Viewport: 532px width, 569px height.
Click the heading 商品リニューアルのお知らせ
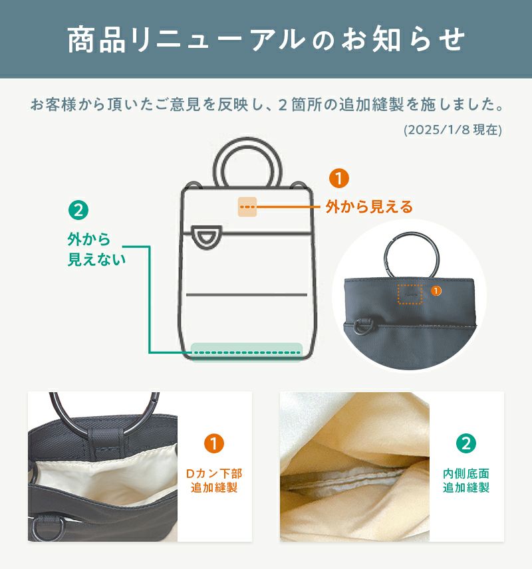266,39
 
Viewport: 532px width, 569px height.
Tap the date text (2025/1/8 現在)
453,130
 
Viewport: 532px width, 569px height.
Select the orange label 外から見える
369,207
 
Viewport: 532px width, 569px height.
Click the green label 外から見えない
96,249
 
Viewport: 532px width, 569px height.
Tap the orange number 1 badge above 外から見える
338,178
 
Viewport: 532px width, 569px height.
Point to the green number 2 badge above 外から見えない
78,210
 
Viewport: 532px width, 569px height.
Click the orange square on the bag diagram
247,207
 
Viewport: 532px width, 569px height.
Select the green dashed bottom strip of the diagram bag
247,352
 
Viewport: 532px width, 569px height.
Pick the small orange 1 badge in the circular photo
436,290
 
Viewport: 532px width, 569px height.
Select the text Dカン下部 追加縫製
214,481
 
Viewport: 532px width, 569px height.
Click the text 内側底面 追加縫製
466,481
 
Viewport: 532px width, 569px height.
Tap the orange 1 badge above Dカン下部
214,443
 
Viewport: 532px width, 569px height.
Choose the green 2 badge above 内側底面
466,443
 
